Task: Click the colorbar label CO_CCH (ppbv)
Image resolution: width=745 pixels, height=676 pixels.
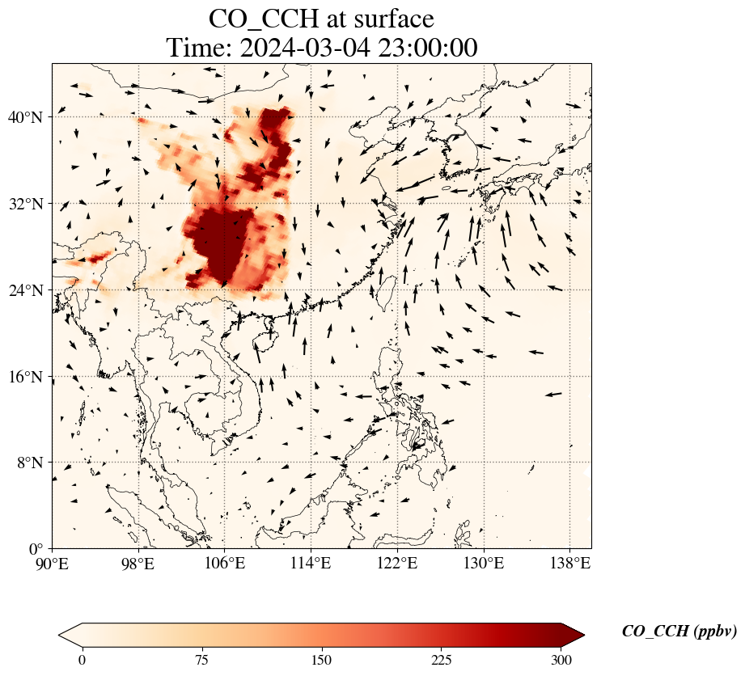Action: click(679, 632)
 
